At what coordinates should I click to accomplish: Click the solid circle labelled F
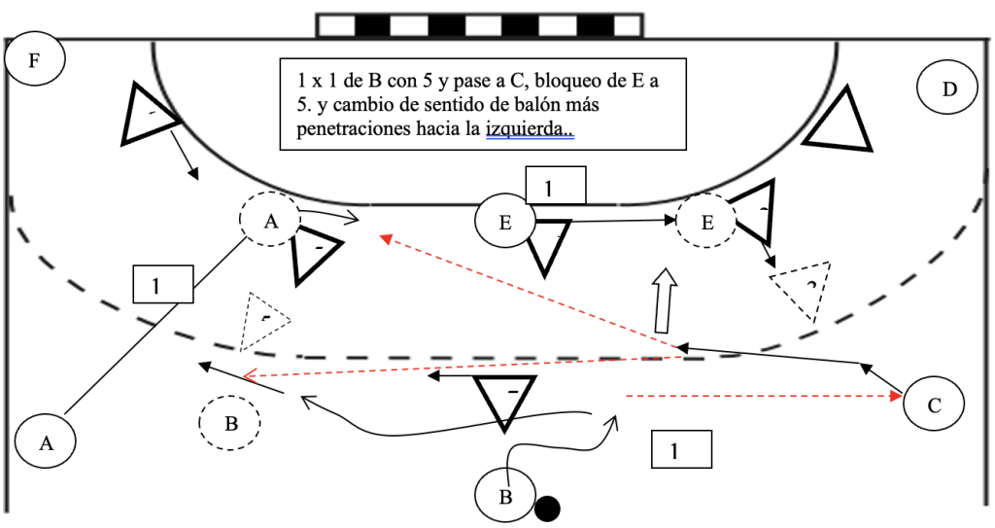35,61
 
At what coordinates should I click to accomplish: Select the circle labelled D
948,89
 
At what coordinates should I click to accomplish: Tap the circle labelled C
934,404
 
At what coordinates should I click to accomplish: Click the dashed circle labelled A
270,223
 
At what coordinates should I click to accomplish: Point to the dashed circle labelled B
230,423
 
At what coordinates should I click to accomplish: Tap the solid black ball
548,509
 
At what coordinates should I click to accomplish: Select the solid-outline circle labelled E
504,223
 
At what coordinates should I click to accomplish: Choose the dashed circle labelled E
706,223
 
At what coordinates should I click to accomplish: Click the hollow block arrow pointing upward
664,300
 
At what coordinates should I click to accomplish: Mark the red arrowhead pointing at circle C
895,396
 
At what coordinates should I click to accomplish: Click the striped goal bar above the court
479,25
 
